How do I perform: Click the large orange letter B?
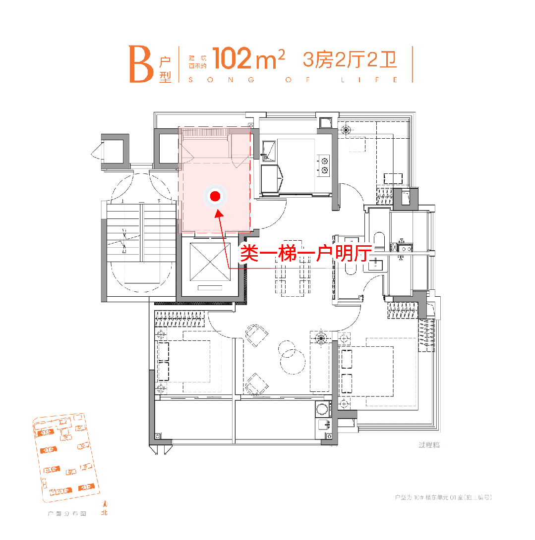(141, 65)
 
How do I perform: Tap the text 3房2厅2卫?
(350, 59)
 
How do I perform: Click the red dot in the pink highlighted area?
(215, 197)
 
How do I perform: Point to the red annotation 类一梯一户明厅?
(305, 254)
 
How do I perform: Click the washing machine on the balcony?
(322, 410)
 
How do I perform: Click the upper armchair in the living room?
(256, 335)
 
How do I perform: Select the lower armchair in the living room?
(257, 383)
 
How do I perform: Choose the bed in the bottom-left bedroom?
(188, 362)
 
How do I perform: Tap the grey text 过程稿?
(429, 445)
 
